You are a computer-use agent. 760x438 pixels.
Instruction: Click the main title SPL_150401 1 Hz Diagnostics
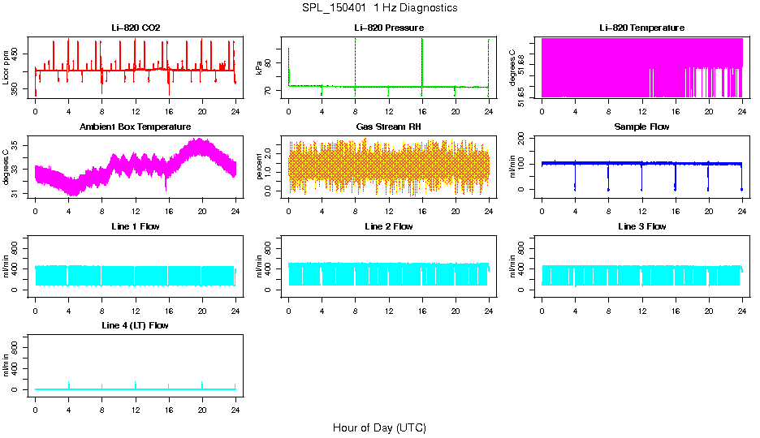379,8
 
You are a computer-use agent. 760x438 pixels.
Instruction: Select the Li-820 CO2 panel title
136,28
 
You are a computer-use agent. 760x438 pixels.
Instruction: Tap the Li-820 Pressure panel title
388,28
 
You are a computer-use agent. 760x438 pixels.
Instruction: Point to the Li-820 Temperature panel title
641,28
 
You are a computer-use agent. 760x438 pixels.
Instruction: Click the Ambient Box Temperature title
136,127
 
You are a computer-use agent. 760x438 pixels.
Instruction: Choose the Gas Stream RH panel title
388,127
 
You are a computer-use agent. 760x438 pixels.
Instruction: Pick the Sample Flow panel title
641,127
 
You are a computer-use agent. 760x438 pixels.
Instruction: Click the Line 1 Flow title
136,226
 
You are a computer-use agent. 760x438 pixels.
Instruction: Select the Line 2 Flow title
388,226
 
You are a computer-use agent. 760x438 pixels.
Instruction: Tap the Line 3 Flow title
641,226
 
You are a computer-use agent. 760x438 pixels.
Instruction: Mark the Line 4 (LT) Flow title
136,325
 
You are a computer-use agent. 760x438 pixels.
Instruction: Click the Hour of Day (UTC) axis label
379,427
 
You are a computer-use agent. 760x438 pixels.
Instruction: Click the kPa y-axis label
260,67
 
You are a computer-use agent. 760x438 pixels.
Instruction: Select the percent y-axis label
260,166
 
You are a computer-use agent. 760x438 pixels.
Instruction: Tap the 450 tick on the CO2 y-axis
19,54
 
